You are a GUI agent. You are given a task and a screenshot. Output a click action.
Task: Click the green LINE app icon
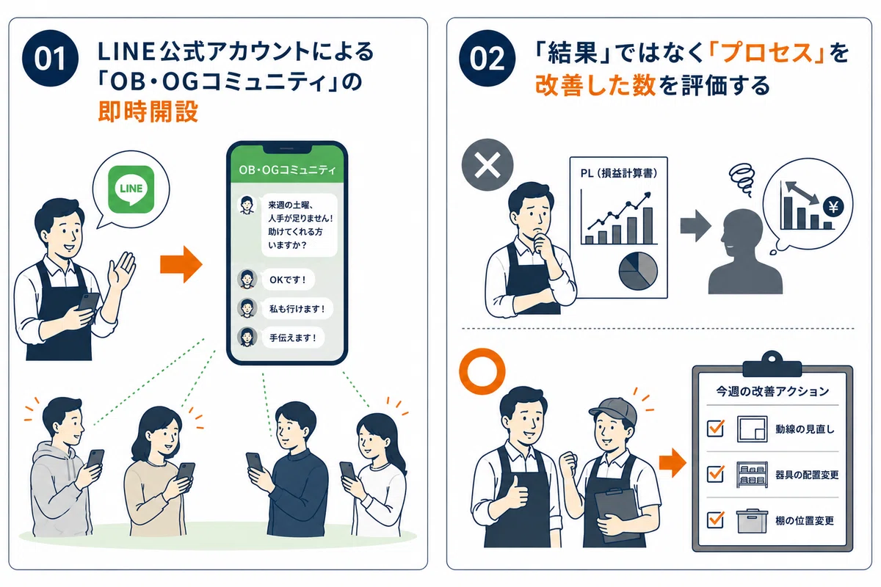[131, 189]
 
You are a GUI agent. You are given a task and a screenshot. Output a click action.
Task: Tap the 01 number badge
[50, 58]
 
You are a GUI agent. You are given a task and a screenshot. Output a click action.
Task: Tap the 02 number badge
[487, 58]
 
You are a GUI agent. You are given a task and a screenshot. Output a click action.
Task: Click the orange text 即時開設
[148, 112]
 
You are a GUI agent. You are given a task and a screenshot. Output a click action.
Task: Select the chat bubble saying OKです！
[288, 280]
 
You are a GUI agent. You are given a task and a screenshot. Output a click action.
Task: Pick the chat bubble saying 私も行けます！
[297, 309]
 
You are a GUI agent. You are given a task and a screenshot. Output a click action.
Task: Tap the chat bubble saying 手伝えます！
[293, 338]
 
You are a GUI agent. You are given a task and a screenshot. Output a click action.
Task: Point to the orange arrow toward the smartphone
[181, 264]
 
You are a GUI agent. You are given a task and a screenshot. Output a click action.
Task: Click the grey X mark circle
[487, 165]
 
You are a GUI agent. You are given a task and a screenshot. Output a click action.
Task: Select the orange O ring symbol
[482, 371]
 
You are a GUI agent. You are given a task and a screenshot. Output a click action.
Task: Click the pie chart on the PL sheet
[638, 271]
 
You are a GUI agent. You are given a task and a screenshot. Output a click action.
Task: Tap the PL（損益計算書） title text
[619, 173]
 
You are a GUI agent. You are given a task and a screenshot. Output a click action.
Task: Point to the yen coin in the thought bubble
[833, 207]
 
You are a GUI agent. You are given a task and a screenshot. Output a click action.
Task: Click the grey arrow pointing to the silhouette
[695, 226]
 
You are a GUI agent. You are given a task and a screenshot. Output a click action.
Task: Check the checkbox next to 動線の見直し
[715, 429]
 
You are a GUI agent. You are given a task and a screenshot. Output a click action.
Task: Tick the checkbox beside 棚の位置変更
[715, 519]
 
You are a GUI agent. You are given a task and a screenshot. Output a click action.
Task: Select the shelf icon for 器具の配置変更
[752, 475]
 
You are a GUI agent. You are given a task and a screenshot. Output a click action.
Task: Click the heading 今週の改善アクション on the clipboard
[772, 391]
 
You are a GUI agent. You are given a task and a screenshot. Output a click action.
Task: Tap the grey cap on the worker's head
[614, 410]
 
